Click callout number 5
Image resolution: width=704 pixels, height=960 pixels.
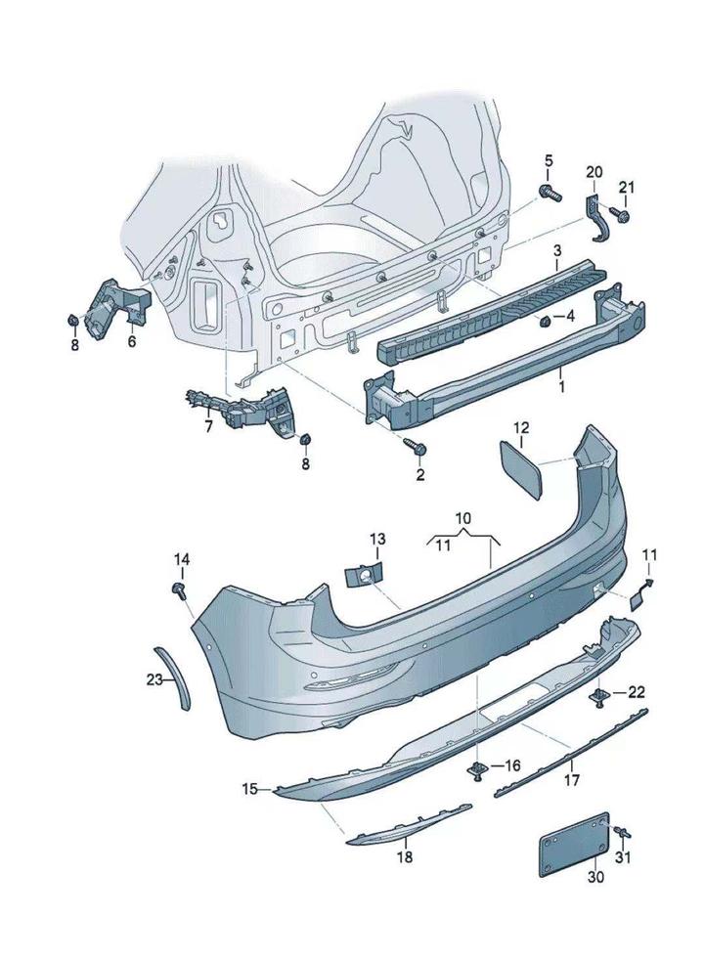click(548, 160)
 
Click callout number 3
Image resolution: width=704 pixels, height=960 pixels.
click(556, 252)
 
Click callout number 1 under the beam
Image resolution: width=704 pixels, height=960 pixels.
click(561, 387)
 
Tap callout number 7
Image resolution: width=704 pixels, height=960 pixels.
click(207, 426)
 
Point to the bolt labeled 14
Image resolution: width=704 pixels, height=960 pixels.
click(180, 589)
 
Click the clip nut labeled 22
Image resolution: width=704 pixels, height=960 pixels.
click(599, 694)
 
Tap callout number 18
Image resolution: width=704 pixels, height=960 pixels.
click(404, 857)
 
